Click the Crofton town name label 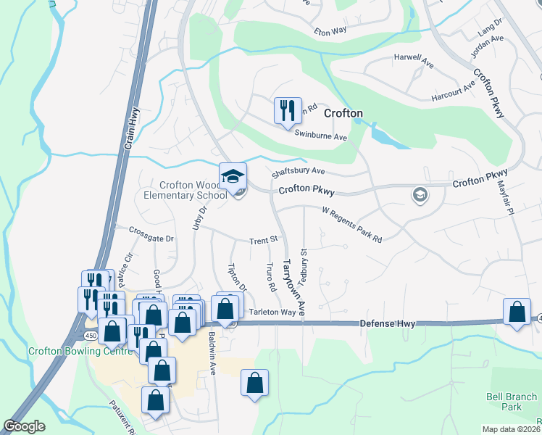tap(343, 113)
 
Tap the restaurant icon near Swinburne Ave tap(287, 110)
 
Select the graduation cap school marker tap(233, 176)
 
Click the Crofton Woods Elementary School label tap(185, 190)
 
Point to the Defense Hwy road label tap(388, 323)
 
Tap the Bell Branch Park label tap(512, 402)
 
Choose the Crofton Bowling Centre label tap(80, 352)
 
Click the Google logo tap(24, 426)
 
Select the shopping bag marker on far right tap(517, 313)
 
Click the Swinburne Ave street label tap(321, 136)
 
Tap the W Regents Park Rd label tap(351, 224)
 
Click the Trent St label tap(264, 239)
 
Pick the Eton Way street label tap(330, 31)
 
